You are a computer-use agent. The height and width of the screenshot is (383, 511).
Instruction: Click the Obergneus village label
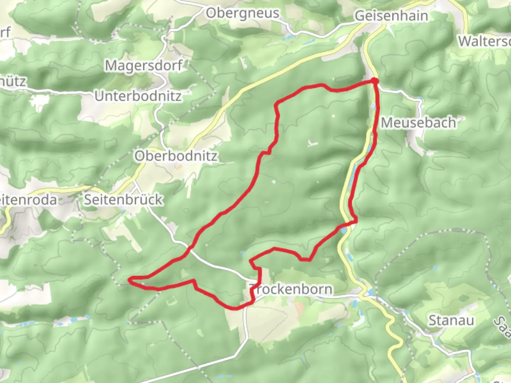[243, 14]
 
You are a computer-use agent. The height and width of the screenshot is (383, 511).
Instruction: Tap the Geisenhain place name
[391, 16]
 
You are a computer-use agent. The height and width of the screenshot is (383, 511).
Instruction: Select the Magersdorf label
[143, 65]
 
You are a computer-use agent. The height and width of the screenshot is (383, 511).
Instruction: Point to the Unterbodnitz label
[138, 96]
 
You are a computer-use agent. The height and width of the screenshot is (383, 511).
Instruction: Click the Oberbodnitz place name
[176, 156]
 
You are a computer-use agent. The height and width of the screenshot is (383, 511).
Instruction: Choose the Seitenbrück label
[123, 200]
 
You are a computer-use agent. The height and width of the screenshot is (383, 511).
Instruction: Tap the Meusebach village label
[418, 123]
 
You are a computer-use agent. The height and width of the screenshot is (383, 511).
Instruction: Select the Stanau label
[451, 321]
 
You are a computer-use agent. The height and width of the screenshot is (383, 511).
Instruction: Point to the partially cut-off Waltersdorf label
[484, 41]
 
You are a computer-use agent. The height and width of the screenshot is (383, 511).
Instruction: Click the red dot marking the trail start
[375, 81]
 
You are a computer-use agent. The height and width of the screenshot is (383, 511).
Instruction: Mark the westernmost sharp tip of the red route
[130, 281]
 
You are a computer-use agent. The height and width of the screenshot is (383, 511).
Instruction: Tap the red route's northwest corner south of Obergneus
[276, 104]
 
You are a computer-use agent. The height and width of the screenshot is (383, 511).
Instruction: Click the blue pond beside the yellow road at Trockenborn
[369, 292]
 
